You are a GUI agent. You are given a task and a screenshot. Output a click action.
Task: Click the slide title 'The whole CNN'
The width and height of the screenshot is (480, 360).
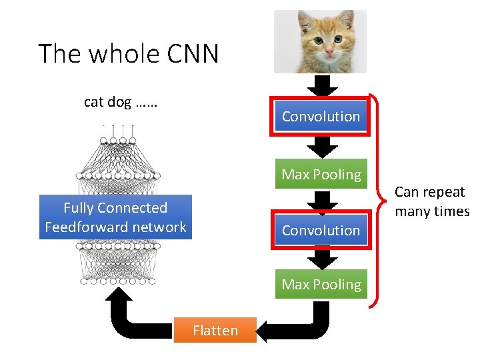pos(128,53)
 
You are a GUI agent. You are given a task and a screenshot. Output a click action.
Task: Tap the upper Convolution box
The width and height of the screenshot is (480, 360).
pos(321,117)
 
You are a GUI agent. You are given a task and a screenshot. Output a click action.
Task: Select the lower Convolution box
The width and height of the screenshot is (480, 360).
pos(321,231)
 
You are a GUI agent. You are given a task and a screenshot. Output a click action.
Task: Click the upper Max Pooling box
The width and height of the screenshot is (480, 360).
pos(321,175)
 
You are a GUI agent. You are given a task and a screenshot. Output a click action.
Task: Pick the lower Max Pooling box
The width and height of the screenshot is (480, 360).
pos(321,285)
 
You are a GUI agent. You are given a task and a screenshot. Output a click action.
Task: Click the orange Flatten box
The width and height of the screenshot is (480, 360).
pos(215,330)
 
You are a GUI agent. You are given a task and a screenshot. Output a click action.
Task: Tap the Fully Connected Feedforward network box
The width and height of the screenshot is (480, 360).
pos(115,217)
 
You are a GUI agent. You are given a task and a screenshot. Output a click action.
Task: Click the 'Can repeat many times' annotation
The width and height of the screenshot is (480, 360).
pos(431,201)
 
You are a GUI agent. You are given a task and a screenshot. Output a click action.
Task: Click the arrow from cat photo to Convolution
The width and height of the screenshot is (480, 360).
pos(321,85)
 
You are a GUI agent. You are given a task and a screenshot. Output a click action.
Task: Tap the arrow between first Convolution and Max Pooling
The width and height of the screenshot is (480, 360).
pos(321,147)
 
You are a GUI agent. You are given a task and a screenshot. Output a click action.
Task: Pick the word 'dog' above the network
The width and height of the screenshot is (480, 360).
pos(119,102)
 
